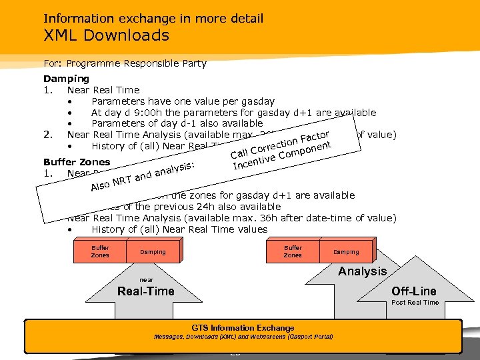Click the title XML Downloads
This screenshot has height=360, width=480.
107,35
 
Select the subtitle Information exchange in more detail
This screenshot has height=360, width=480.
153,18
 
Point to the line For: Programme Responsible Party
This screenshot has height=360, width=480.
125,64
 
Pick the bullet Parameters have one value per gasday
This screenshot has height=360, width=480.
183,101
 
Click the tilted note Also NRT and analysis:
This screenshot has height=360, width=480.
143,177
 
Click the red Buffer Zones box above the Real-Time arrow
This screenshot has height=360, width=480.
100,251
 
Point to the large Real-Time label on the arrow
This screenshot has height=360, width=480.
145,291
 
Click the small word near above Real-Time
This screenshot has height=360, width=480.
146,280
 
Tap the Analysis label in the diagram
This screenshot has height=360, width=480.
362,271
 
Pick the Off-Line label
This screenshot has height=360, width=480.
414,291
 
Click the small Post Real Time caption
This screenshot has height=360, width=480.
415,302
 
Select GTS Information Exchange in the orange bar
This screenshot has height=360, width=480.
243,328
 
